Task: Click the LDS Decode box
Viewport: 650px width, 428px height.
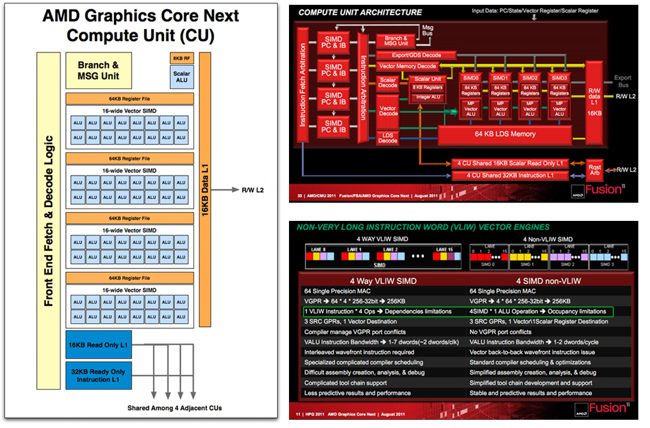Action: click(388, 137)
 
